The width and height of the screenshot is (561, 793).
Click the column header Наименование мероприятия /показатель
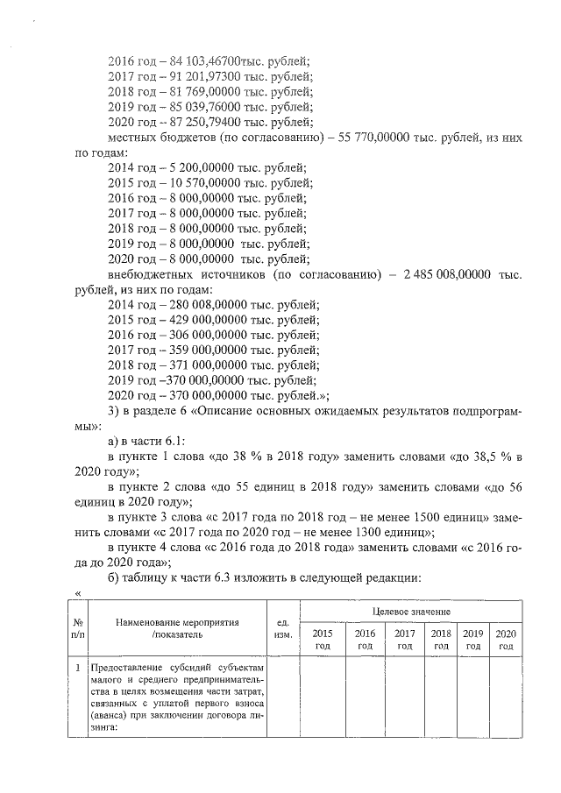pos(182,629)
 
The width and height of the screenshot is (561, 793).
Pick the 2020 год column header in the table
pos(505,639)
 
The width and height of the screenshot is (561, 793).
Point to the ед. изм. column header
pos(282,629)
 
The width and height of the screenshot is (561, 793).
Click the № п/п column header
pos(77,629)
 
